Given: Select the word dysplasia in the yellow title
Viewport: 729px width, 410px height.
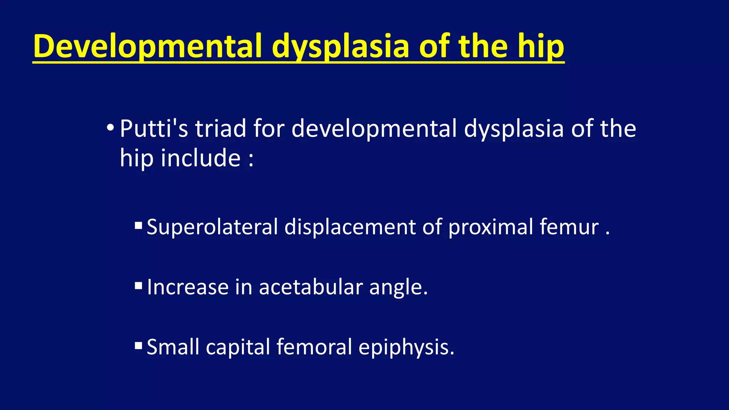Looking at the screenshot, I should tap(340, 46).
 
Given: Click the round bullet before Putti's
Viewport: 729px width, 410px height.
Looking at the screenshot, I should tap(110, 127).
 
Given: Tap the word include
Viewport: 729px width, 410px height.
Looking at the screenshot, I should tap(200, 158).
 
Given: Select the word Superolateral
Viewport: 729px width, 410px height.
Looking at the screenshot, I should tap(212, 227).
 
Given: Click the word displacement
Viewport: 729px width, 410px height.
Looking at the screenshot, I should tap(350, 227).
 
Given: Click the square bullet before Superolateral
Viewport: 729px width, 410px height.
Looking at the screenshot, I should tap(138, 225).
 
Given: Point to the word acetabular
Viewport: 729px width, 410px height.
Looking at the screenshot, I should tap(310, 287).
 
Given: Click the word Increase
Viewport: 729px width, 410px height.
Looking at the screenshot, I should tap(188, 287).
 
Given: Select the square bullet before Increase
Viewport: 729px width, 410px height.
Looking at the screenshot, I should tap(138, 285).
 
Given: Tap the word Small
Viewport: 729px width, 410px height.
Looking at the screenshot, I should tap(173, 347).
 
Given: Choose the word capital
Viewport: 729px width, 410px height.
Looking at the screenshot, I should tap(238, 347).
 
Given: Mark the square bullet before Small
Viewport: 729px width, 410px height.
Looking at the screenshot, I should tap(138, 346).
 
